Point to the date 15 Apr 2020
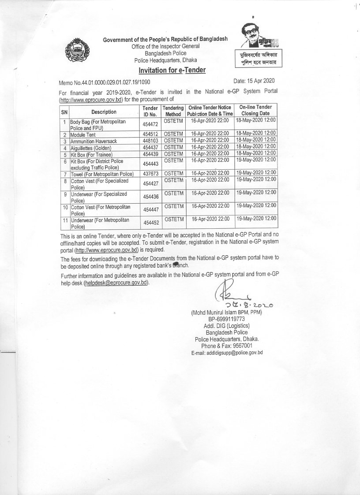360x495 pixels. click(x=254, y=80)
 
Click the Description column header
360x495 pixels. click(x=104, y=112)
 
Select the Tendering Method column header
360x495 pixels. click(x=173, y=111)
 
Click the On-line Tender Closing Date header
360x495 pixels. click(x=256, y=110)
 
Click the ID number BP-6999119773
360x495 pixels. click(x=227, y=319)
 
